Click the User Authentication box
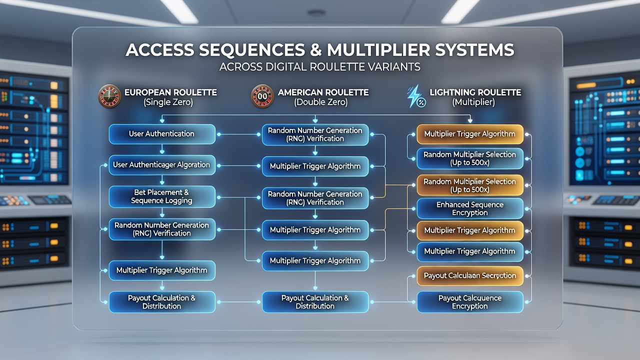point(162,134)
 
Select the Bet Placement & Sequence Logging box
point(162,196)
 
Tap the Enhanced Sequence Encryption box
point(470,208)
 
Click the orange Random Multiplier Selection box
point(470,185)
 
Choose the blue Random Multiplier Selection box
point(470,158)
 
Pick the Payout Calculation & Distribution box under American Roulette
point(315,302)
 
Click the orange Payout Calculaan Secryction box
point(470,275)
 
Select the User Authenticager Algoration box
point(162,165)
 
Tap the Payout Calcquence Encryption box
point(470,302)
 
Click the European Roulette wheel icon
point(109,96)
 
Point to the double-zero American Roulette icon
point(262,96)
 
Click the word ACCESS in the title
point(159,50)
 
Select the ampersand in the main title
point(315,50)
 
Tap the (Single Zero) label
point(168,102)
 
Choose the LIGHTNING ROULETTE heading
point(475,92)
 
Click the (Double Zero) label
point(321,102)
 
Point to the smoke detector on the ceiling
point(316,12)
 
